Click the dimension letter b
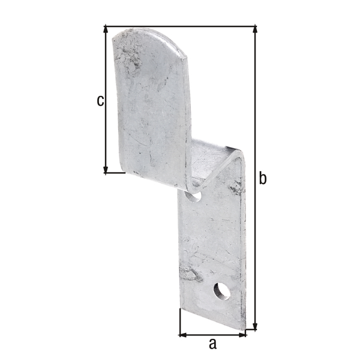263,178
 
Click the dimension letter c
100,100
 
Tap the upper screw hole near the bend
193,195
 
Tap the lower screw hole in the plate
221,290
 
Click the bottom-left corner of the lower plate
180,309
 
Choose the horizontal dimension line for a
212,334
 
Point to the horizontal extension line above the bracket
180,26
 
